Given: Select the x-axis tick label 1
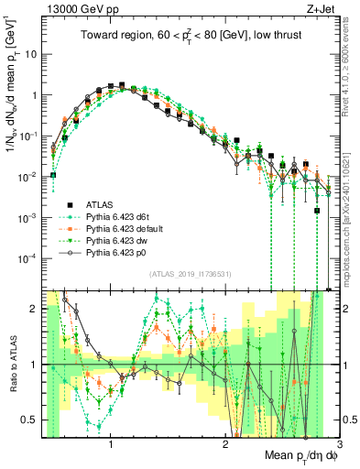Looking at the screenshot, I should [x=110, y=444].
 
